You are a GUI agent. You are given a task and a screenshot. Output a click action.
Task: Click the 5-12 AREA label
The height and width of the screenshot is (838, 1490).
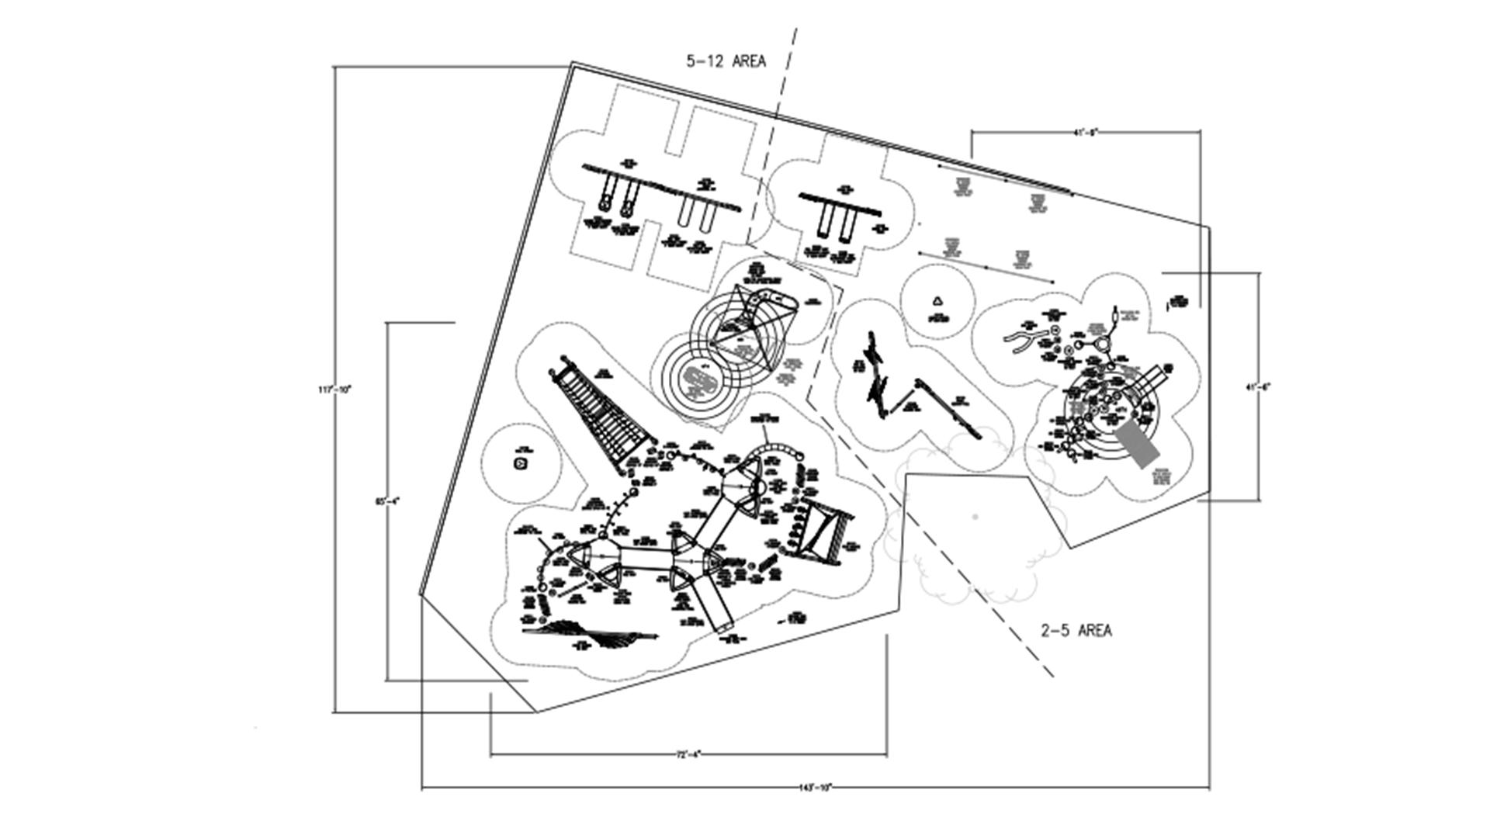pyautogui.click(x=726, y=61)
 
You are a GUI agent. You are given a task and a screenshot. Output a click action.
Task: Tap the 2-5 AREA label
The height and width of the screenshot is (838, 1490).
pyautogui.click(x=1076, y=631)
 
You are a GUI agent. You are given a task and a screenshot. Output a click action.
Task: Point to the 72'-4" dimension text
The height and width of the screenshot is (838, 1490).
pyautogui.click(x=688, y=753)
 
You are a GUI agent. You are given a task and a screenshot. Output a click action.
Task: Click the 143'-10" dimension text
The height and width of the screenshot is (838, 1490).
pyautogui.click(x=815, y=788)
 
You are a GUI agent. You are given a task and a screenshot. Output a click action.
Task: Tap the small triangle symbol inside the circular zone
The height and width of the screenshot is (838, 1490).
pyautogui.click(x=937, y=301)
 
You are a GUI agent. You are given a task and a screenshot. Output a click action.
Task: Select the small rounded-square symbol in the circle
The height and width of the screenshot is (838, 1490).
pyautogui.click(x=520, y=464)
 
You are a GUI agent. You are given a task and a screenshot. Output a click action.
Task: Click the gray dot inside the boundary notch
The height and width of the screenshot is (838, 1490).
pyautogui.click(x=975, y=516)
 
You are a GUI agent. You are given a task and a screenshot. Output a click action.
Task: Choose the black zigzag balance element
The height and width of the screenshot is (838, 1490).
pyautogui.click(x=877, y=376)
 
